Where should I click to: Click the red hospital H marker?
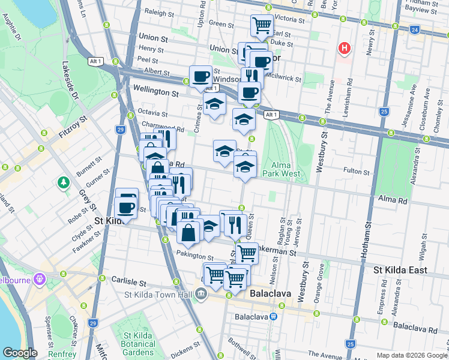(345, 48)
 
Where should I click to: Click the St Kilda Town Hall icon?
(200, 294)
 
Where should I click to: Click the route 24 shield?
(415, 29)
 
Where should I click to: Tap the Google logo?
(20, 353)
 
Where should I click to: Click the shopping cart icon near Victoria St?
(262, 25)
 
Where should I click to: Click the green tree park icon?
(62, 182)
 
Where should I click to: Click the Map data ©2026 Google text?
(412, 355)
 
